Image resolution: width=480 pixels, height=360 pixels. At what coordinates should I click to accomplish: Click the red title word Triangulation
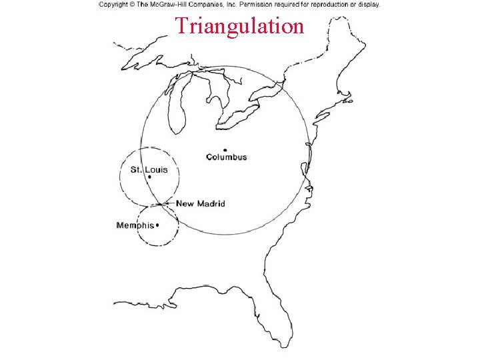click(x=239, y=26)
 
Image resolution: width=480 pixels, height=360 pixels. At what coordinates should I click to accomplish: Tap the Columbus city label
click(x=226, y=157)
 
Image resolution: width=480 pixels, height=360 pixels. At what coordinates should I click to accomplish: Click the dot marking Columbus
click(x=225, y=150)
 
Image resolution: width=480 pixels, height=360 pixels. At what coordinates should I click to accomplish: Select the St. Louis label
click(x=149, y=169)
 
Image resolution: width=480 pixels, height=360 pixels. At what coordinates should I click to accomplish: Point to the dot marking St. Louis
click(x=149, y=177)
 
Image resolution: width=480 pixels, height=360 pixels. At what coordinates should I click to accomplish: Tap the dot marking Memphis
click(x=157, y=225)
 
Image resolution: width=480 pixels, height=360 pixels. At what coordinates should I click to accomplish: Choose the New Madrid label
click(x=201, y=203)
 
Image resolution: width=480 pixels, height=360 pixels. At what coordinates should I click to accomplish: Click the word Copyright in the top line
click(x=115, y=4)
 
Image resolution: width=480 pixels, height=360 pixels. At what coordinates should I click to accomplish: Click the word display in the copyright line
click(x=369, y=4)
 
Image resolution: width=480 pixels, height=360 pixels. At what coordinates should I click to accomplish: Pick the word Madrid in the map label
click(x=211, y=203)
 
